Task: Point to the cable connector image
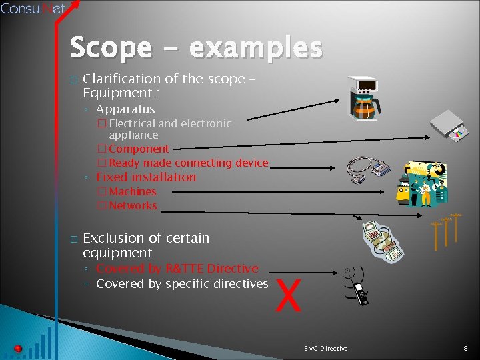coord(369,173)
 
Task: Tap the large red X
coord(289,297)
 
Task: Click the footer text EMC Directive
coord(325,349)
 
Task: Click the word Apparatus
coord(125,109)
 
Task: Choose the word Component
coord(139,149)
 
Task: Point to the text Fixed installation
coord(146,177)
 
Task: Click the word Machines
coord(133,192)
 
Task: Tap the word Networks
coord(133,205)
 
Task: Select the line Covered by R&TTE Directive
coord(177,269)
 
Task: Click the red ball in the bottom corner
coord(18,349)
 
